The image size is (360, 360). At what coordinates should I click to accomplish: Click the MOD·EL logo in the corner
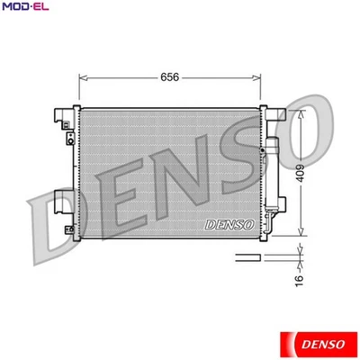pyautogui.click(x=24, y=7)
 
